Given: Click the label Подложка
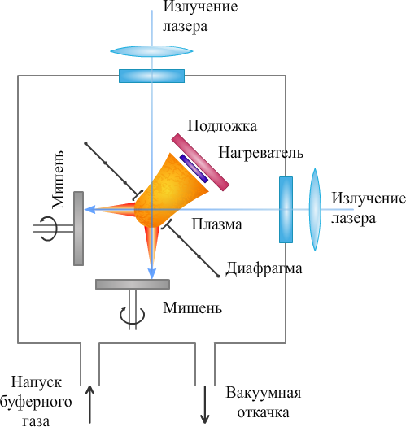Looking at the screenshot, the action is [x=222, y=126].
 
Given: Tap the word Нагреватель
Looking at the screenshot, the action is [x=260, y=153].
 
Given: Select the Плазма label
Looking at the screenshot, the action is [x=217, y=224].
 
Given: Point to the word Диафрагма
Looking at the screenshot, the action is [x=264, y=269].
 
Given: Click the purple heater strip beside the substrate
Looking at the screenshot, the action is [x=194, y=168].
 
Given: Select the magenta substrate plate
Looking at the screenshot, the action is [x=200, y=162].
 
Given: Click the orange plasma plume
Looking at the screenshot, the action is [x=170, y=190].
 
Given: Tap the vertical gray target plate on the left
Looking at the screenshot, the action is [x=78, y=229].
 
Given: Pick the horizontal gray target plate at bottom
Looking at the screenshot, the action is [x=133, y=284].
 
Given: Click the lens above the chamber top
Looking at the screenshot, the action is [x=151, y=51].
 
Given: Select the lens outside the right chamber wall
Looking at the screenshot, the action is [x=315, y=209].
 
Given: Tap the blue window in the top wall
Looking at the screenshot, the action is [x=152, y=76].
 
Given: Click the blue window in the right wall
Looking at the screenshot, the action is [x=286, y=209].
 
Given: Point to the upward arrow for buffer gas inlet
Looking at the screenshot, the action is [x=89, y=404].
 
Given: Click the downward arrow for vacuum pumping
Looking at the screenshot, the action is [x=205, y=405].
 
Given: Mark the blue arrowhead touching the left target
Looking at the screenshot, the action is [x=90, y=209].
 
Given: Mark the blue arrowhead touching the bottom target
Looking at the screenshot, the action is [x=152, y=273].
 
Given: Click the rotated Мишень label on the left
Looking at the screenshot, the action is [x=58, y=180].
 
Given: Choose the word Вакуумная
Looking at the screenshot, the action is [x=264, y=394].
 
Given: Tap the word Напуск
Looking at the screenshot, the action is [x=37, y=382].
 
